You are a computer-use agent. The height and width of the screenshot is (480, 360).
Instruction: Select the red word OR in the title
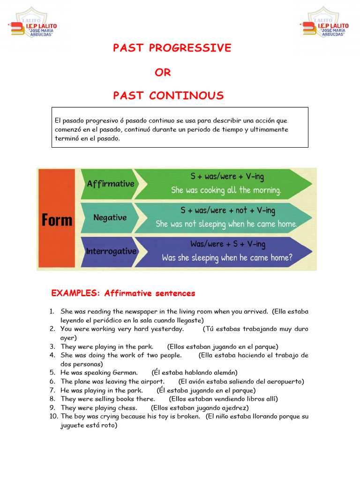[x=163, y=72]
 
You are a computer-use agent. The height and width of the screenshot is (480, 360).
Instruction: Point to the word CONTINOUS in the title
[x=187, y=96]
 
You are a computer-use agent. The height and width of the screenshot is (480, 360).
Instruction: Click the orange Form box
[x=57, y=219]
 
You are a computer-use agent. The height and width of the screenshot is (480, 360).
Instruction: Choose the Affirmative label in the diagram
[x=111, y=184]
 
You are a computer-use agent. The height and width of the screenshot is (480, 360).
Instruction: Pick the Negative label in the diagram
[x=110, y=217]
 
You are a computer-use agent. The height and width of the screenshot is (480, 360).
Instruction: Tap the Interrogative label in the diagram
[x=111, y=251]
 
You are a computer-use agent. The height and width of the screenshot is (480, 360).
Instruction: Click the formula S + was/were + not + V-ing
[x=228, y=210]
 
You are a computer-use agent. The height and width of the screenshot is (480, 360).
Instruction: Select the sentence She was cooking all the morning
[x=226, y=190]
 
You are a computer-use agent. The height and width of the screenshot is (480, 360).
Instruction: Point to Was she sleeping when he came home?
[x=227, y=257]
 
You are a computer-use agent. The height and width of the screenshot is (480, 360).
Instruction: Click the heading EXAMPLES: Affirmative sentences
[x=123, y=293]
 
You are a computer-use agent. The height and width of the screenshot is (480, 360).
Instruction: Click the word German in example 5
[x=125, y=373]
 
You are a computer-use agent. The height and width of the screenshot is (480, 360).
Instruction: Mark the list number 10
[x=53, y=416]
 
